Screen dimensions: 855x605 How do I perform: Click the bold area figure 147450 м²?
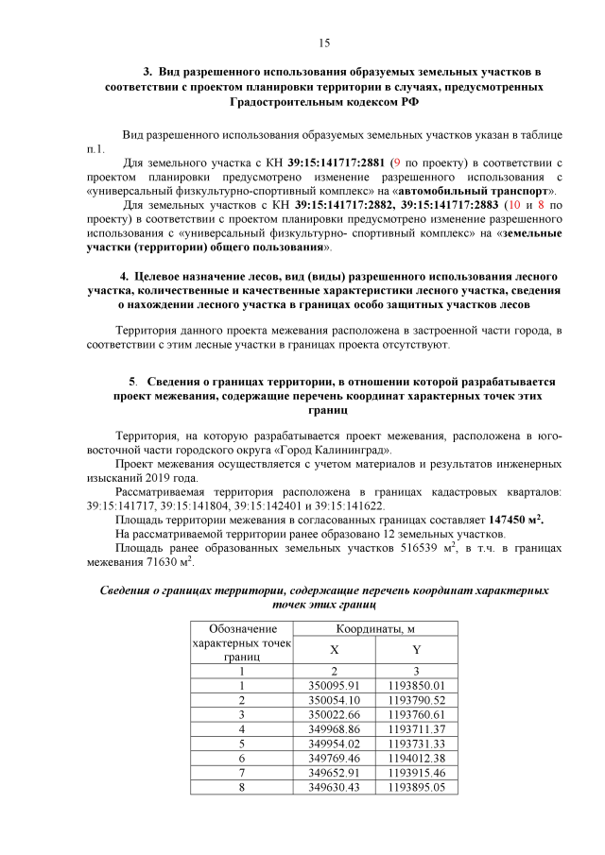pos(515,520)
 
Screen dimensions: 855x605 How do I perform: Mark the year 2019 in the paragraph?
pos(165,478)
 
